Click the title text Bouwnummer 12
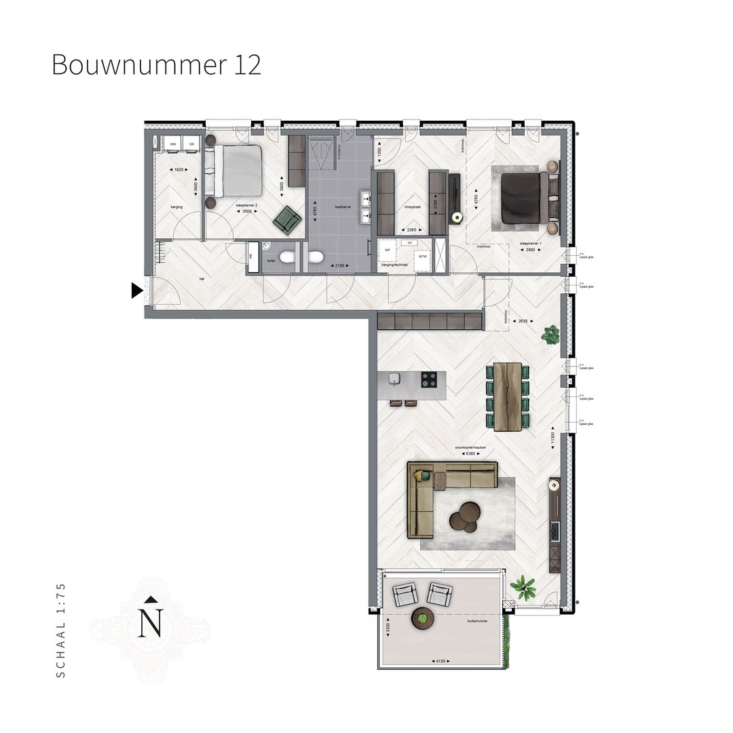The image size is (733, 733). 156,65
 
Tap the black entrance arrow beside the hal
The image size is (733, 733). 136,290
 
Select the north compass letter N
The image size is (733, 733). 150,622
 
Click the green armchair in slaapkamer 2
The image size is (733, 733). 287,219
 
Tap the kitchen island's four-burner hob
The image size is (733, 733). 429,380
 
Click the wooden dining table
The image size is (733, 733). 508,396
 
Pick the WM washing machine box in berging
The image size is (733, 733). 172,144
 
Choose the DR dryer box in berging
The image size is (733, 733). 191,144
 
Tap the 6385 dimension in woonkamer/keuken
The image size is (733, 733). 466,453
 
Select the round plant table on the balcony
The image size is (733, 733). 423,618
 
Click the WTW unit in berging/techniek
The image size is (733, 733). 422,257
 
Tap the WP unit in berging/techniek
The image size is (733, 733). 388,249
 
